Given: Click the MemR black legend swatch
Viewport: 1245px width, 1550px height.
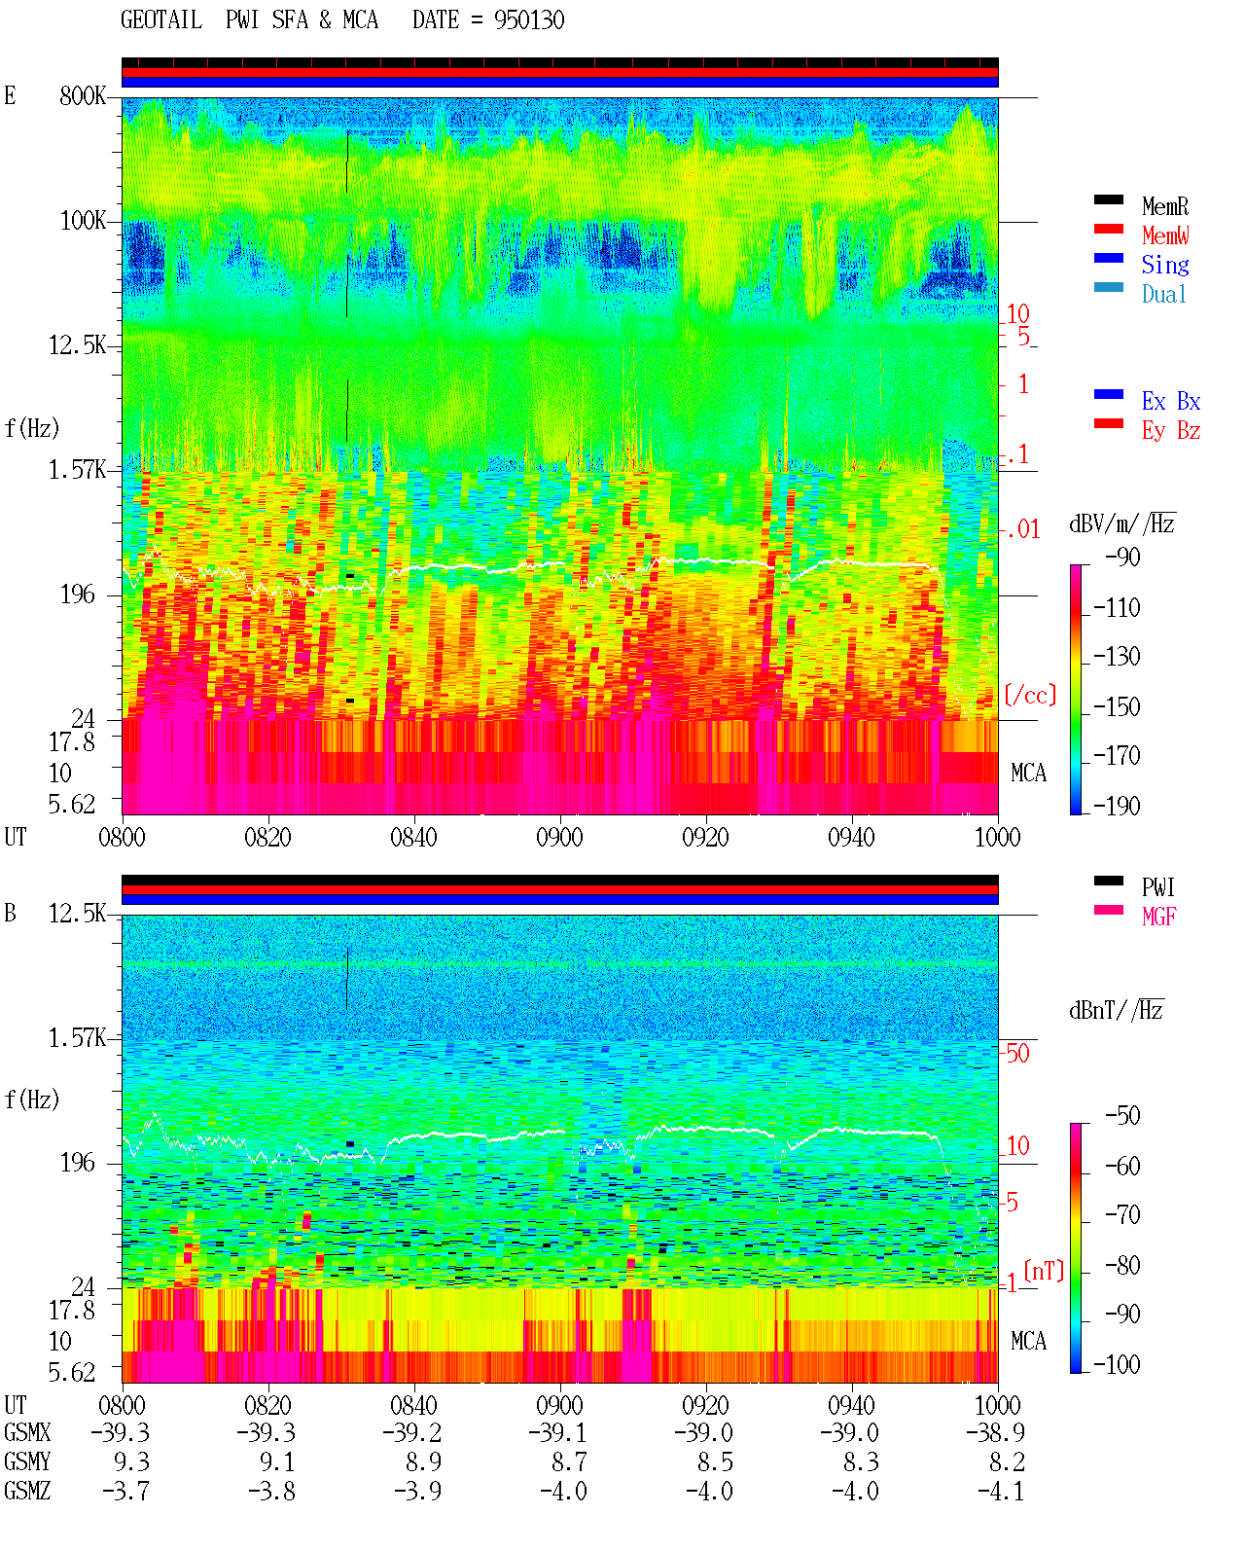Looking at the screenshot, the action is click(x=1108, y=199).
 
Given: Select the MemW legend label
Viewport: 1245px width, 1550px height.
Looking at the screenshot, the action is click(x=1165, y=235).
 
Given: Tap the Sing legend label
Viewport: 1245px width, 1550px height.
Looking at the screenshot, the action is click(x=1165, y=265).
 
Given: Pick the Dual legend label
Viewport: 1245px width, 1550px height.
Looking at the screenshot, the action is click(x=1163, y=294).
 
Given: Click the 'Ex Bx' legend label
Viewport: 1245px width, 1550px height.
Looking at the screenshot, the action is click(x=1171, y=401).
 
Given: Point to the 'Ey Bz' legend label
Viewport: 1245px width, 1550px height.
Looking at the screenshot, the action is click(x=1171, y=430).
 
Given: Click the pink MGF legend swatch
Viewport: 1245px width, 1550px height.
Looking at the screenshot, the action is click(x=1108, y=910).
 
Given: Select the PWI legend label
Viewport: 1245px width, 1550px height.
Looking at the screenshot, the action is click(x=1157, y=886).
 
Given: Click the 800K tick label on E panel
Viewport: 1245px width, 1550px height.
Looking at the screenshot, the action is click(x=83, y=95).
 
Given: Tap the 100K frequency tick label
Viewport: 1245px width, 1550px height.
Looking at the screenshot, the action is click(x=83, y=221).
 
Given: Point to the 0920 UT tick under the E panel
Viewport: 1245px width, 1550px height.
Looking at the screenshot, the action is click(x=705, y=837).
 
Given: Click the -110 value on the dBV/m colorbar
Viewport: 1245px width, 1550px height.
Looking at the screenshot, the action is click(x=1117, y=608).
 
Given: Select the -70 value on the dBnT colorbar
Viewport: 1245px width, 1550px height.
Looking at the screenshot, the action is click(x=1122, y=1215).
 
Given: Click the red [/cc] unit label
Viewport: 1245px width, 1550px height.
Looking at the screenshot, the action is click(x=1030, y=695).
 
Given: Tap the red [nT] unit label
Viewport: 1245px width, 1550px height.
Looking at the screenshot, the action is click(x=1044, y=1270).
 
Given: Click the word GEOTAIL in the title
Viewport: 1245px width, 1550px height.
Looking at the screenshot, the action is click(x=161, y=20).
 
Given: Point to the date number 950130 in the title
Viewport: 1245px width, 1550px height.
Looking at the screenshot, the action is click(x=529, y=20).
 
